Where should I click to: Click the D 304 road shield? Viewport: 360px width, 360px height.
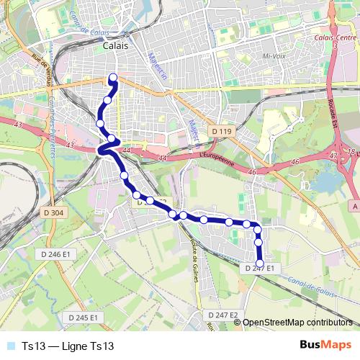tap(53, 212)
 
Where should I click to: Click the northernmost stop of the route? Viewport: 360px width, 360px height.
tap(112, 78)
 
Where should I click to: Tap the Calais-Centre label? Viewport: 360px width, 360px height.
tap(336, 37)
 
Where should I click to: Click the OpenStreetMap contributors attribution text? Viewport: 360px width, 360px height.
tap(297, 323)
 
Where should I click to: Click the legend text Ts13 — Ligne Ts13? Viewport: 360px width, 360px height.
tap(68, 346)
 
